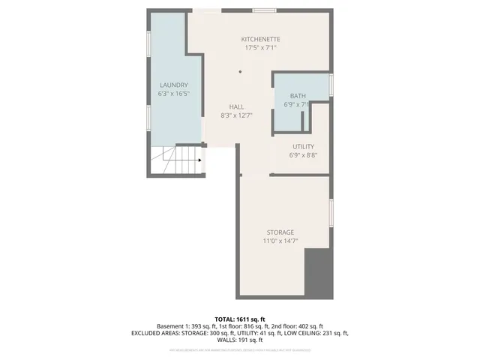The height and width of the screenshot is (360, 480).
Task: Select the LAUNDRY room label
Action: point(173,85)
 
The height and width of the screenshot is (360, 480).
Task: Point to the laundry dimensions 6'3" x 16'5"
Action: point(173,94)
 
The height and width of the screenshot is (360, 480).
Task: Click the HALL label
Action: point(236,106)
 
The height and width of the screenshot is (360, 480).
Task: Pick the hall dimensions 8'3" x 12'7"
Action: point(236,115)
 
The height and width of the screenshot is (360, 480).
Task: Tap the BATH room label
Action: point(298,96)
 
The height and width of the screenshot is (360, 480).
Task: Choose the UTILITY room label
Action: point(304,146)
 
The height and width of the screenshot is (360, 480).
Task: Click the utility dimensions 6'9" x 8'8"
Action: point(304,155)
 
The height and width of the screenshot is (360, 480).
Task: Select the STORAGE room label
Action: point(280,232)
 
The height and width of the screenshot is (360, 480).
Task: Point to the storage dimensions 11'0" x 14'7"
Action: point(280,241)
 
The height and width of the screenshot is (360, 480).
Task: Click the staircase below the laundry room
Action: point(175,160)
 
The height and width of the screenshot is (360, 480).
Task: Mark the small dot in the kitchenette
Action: point(240,72)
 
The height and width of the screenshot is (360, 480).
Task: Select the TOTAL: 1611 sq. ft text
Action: point(239,319)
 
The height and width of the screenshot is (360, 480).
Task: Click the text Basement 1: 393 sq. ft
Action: point(187,326)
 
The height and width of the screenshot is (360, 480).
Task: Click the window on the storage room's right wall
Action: point(331,214)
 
